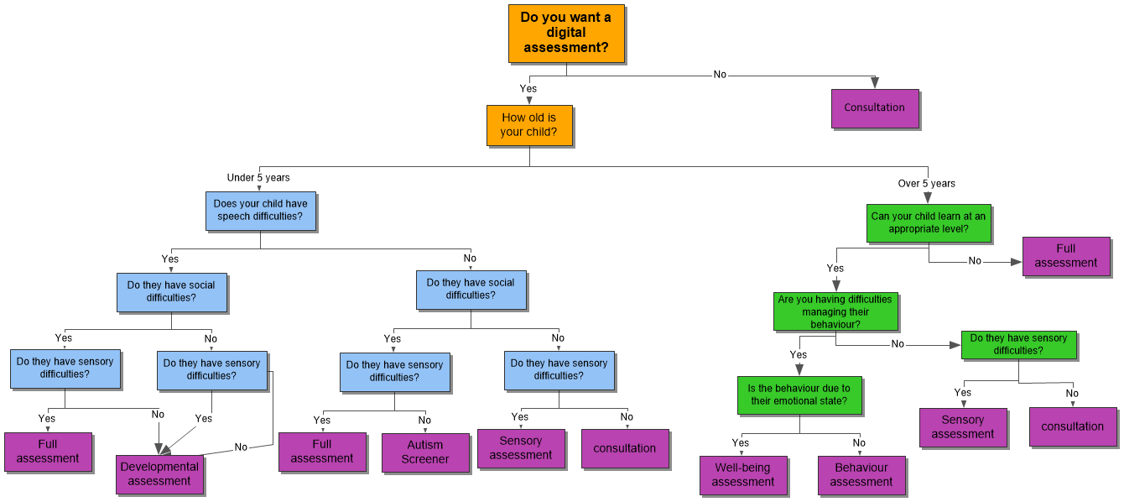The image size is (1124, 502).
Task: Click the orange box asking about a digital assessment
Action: (x=566, y=34)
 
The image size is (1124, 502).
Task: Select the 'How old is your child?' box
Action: (x=529, y=125)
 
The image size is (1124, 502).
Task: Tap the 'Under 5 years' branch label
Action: (x=258, y=177)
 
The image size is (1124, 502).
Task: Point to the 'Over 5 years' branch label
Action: (x=926, y=183)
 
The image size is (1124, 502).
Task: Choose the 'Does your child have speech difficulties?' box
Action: (x=260, y=210)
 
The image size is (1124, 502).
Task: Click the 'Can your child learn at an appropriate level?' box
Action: (x=929, y=222)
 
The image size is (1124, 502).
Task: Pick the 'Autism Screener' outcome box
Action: (x=425, y=452)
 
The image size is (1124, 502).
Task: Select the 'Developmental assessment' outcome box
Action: (x=159, y=474)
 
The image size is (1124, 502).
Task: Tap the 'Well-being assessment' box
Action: (x=743, y=475)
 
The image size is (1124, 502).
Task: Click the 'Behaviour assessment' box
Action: (x=861, y=475)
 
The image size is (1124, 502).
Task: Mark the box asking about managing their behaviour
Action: (x=835, y=311)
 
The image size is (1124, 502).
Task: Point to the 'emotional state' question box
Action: (x=799, y=395)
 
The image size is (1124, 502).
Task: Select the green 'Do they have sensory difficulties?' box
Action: (x=1018, y=344)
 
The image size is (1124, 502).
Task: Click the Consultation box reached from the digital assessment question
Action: (x=874, y=108)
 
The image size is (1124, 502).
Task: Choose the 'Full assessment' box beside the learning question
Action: (x=1065, y=256)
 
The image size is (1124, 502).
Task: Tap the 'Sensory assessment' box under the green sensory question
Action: (x=962, y=427)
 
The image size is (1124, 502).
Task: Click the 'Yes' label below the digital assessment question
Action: (x=528, y=88)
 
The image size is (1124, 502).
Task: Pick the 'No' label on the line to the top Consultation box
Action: (x=720, y=75)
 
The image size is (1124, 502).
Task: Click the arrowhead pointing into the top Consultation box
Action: (x=874, y=83)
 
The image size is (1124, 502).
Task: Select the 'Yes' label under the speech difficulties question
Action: (x=170, y=259)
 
